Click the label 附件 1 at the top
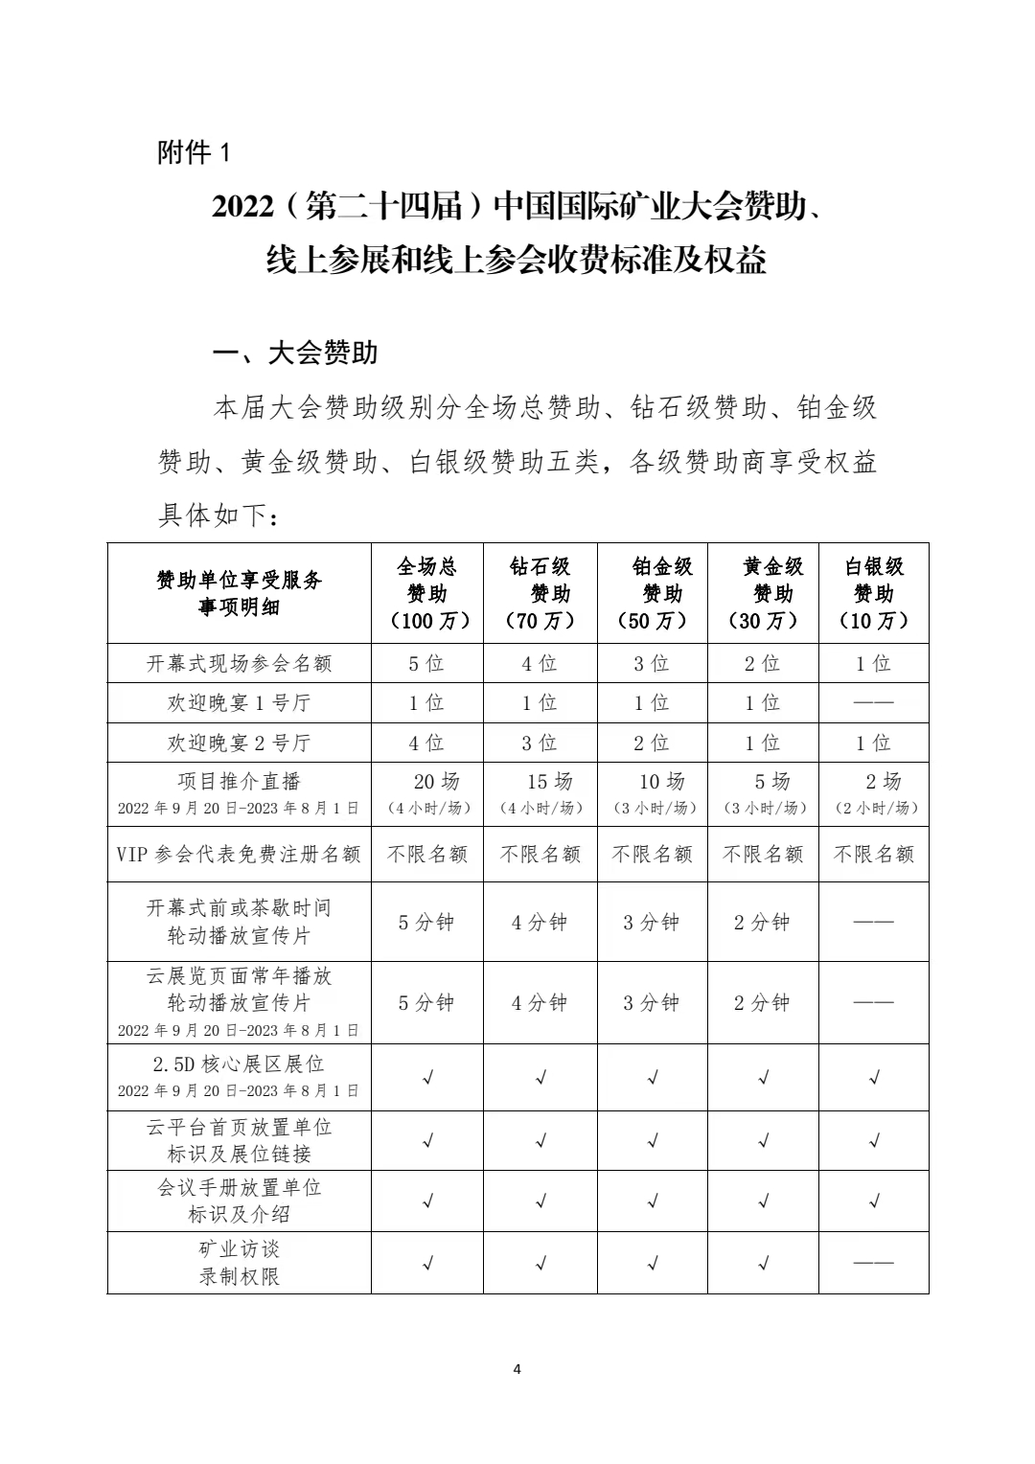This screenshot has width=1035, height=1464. tap(194, 152)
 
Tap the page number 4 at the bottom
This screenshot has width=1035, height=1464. tap(517, 1368)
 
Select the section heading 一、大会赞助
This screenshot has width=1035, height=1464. tap(295, 354)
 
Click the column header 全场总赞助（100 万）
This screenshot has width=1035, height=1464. tap(427, 593)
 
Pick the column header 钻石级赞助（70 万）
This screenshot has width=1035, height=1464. tap(540, 593)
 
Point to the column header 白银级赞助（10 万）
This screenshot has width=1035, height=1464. tap(874, 593)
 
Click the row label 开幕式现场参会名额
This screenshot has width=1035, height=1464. tap(240, 663)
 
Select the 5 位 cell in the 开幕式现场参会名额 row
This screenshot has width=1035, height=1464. tap(427, 663)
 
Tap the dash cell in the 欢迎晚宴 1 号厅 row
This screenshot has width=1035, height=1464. tap(874, 703)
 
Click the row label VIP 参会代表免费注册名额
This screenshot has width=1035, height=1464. tap(240, 854)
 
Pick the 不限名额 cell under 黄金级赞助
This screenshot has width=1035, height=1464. tap(764, 854)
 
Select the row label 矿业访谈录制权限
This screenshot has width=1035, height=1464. tap(240, 1263)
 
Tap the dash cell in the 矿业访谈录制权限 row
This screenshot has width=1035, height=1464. tap(874, 1263)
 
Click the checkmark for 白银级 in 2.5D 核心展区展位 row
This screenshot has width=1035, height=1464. tap(874, 1078)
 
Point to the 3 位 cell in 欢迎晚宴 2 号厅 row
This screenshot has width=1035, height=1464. tap(540, 743)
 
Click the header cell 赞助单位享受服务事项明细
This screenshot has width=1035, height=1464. tap(240, 593)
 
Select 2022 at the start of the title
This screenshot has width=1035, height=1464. tap(242, 206)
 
